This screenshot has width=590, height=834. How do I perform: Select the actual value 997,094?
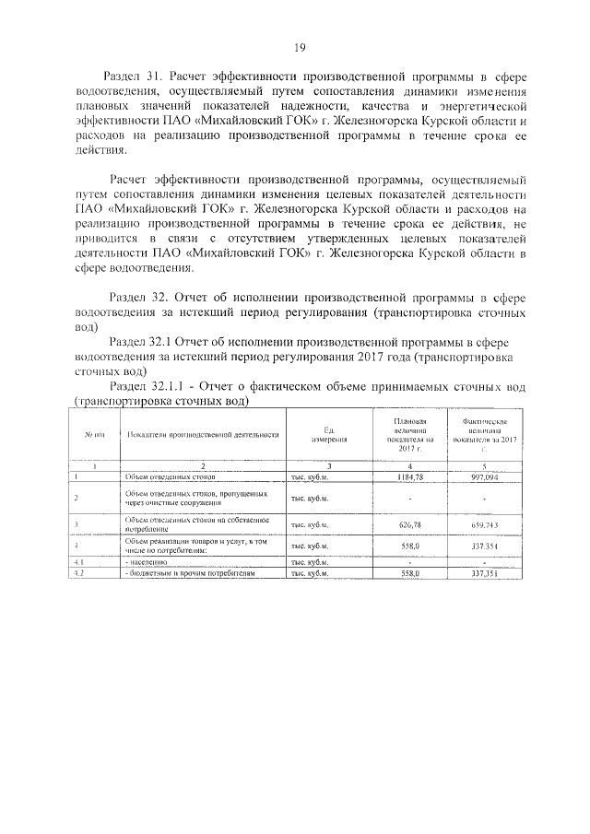(483, 478)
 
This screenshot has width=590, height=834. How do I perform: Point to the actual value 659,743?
(483, 525)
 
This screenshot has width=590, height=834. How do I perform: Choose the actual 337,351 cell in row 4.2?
(483, 572)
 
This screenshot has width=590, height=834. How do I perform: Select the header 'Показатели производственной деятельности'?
(203, 435)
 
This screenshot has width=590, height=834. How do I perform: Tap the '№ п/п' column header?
(95, 435)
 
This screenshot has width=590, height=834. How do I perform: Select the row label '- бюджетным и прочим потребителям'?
(189, 572)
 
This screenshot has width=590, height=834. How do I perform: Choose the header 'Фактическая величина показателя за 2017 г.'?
(483, 435)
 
